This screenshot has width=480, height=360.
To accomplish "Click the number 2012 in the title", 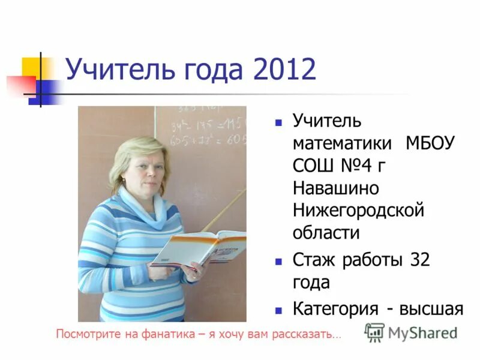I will click(284, 70).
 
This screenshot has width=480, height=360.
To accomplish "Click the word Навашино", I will click(336, 188).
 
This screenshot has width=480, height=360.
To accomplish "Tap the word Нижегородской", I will click(359, 210).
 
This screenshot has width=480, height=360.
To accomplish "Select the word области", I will click(326, 232).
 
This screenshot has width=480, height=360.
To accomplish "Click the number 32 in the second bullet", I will click(420, 260).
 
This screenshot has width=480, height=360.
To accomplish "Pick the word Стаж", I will click(314, 260).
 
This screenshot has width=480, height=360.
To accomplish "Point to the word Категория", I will click(335, 308).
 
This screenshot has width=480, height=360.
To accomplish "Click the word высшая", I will click(433, 308).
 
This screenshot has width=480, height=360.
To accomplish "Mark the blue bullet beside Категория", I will click(278, 310).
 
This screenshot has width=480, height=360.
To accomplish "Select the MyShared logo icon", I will click(374, 332).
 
